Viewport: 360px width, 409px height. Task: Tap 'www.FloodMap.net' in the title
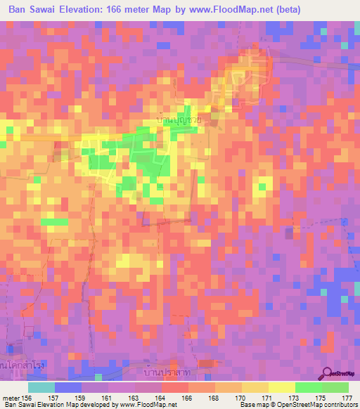click(233, 9)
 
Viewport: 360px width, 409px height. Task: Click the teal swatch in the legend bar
click(41, 387)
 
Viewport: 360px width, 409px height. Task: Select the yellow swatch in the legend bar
click(281, 387)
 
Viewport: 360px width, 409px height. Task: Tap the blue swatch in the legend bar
click(68, 387)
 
